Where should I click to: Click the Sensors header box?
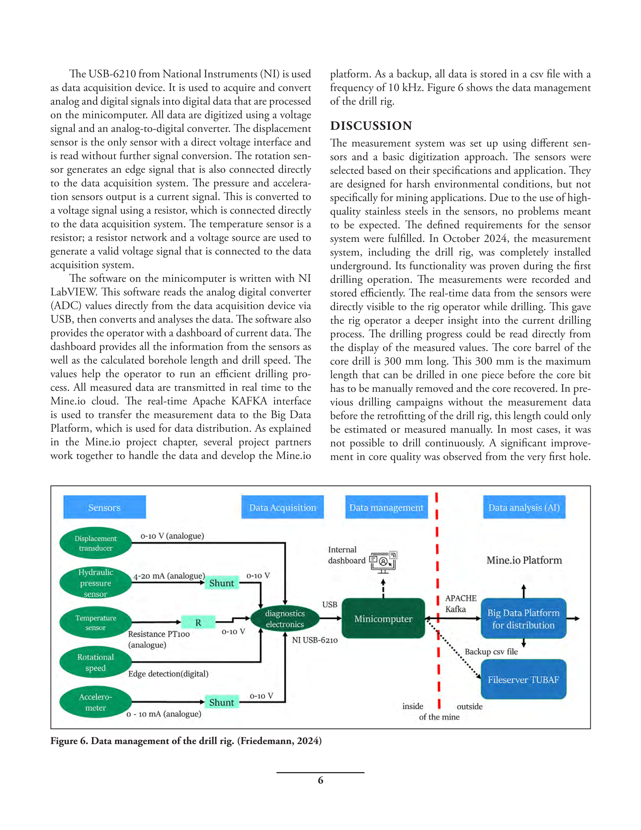point(105,507)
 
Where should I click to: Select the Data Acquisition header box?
point(282,507)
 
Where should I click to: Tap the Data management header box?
point(386,507)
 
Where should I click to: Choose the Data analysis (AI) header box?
point(524,507)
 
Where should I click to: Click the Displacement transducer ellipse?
point(95,543)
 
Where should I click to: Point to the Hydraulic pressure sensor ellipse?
point(95,583)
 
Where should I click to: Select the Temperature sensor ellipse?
point(95,623)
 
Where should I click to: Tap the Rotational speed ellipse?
point(95,662)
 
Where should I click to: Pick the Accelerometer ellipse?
point(95,702)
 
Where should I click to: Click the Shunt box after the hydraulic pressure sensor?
point(222,583)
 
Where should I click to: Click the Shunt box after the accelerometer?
point(222,702)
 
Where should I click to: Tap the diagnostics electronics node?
point(285,619)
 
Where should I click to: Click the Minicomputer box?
point(383,619)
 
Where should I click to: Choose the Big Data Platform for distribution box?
point(524,619)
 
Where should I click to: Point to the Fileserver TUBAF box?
point(524,679)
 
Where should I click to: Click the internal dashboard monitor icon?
point(383,562)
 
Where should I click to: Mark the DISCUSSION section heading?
point(371,126)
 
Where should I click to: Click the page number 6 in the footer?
point(320,780)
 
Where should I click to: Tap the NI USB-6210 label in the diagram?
point(315,640)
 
